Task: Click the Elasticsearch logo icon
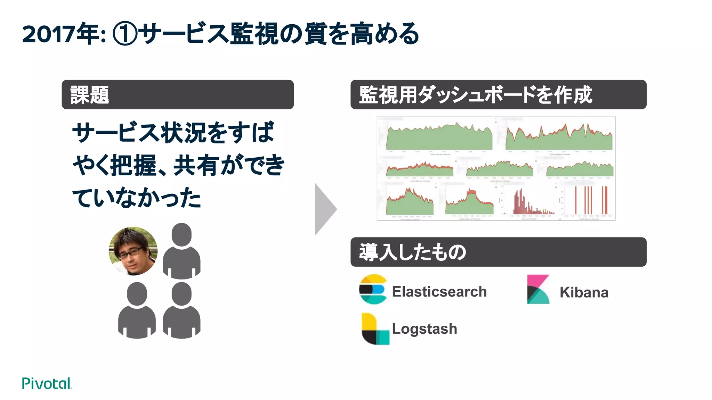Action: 373,289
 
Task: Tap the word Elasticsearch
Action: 439,292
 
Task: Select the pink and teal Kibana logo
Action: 538,289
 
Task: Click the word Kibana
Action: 584,292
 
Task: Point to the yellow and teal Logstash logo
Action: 374,329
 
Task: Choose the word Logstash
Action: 424,329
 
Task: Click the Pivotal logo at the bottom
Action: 47,383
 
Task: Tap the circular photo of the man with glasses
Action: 133,251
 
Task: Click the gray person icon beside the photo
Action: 181,251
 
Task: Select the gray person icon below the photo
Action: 137,310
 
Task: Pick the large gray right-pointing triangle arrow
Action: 325,209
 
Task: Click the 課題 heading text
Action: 90,95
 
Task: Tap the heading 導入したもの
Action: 412,252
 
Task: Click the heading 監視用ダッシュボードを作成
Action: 475,95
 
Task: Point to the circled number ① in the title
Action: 125,34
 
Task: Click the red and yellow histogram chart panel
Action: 530,201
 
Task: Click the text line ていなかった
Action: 137,198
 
